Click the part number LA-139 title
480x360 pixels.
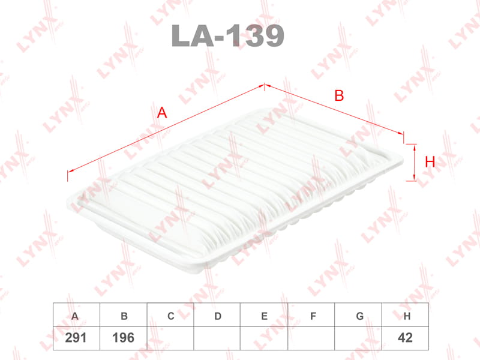click(228, 36)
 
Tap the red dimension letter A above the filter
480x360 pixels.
click(162, 113)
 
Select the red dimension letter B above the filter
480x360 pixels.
click(339, 95)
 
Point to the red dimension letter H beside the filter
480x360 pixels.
click(430, 161)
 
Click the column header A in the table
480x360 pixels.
click(75, 316)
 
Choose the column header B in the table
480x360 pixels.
click(124, 316)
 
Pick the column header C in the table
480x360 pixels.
click(171, 316)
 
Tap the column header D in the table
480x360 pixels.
click(218, 316)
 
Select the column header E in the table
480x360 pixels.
click(265, 316)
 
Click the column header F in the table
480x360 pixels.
click(313, 316)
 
